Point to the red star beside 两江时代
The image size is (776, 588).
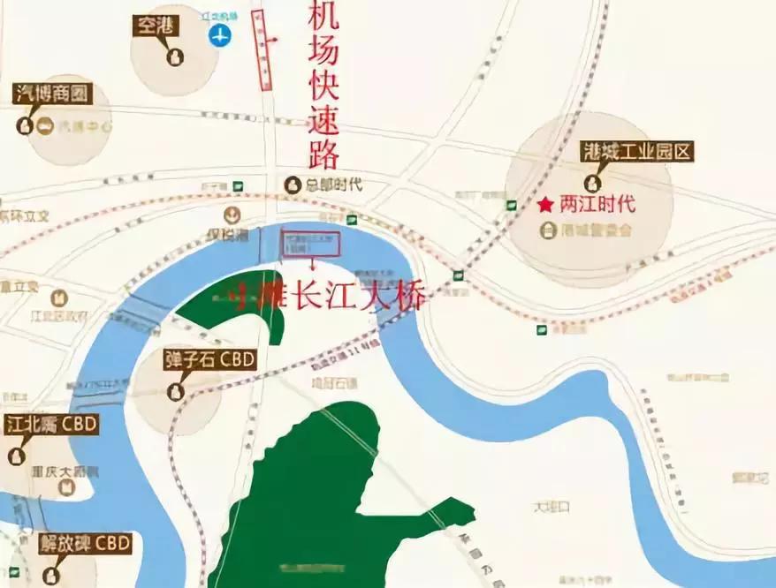point(545,205)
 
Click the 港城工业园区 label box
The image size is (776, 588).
point(637,152)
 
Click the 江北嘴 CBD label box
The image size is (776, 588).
point(50,425)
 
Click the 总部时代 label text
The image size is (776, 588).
point(333,185)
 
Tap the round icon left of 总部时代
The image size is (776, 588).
point(293,185)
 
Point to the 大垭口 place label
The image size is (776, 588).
point(552,508)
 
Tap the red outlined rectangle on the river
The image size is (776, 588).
point(310,245)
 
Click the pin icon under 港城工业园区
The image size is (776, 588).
point(593,184)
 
